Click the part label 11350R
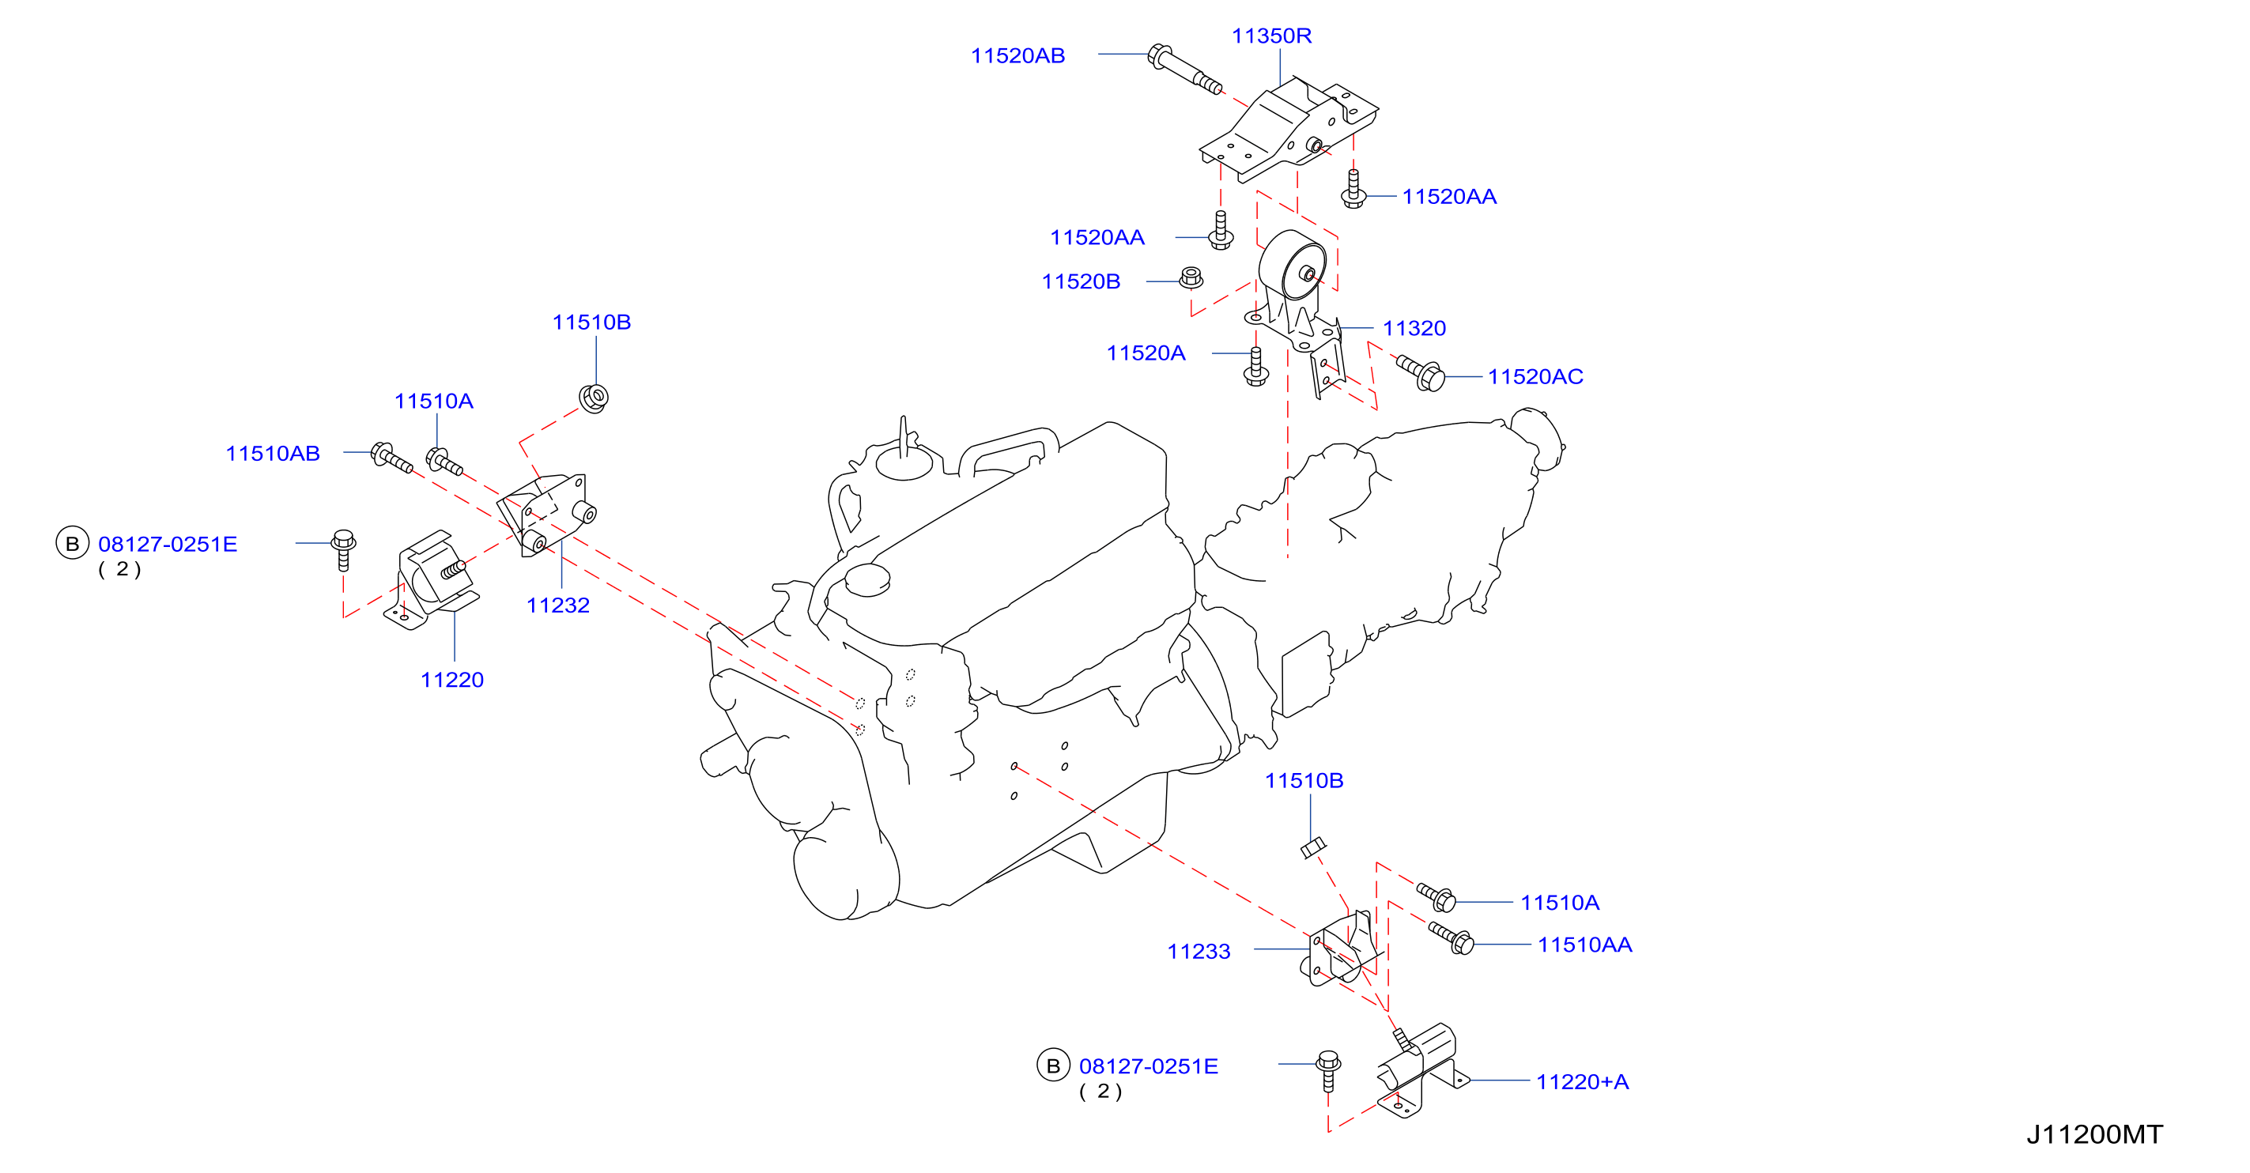(x=1271, y=36)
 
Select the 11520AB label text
(x=1017, y=56)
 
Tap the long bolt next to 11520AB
(x=1184, y=69)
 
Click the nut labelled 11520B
(x=1191, y=278)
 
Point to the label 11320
(x=1414, y=328)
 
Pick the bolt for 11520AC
(x=1420, y=373)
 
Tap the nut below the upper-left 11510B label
(x=594, y=398)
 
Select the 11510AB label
(x=273, y=453)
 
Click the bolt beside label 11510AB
(x=391, y=458)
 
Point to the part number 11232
(x=558, y=605)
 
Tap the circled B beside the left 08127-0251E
(x=73, y=543)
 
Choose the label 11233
(x=1199, y=951)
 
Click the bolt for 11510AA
(x=1451, y=938)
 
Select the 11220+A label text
(x=1582, y=1082)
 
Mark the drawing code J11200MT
(x=2094, y=1134)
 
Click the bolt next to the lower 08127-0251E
(x=1328, y=1071)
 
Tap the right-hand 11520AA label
(x=1449, y=197)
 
